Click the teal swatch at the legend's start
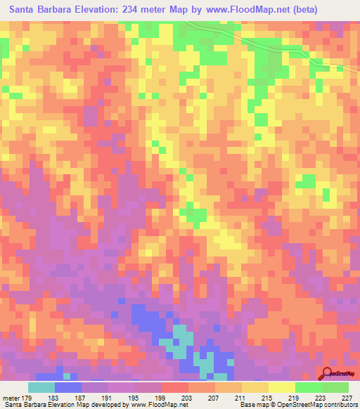(x=41, y=387)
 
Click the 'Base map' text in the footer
(x=252, y=405)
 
